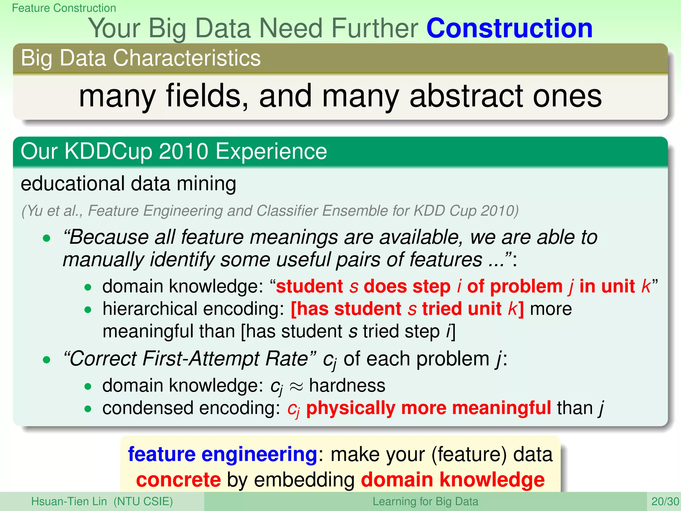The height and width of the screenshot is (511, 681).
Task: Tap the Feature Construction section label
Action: pos(64,8)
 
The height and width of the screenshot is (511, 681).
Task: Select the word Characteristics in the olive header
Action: pos(187,58)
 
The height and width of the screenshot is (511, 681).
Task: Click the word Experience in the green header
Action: pos(271,152)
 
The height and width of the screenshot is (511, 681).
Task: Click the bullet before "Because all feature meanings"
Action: pos(47,238)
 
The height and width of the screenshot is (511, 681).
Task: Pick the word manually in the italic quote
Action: pos(103,259)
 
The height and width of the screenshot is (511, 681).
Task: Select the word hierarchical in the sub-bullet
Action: pos(150,309)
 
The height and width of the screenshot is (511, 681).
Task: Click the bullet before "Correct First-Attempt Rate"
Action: pos(47,360)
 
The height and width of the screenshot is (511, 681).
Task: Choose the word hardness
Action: pos(347,386)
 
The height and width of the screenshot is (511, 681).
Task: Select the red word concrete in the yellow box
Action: pos(179,480)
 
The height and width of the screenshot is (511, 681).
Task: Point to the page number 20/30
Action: pos(665,501)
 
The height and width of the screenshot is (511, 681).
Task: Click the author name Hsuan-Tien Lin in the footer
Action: pos(69,501)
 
